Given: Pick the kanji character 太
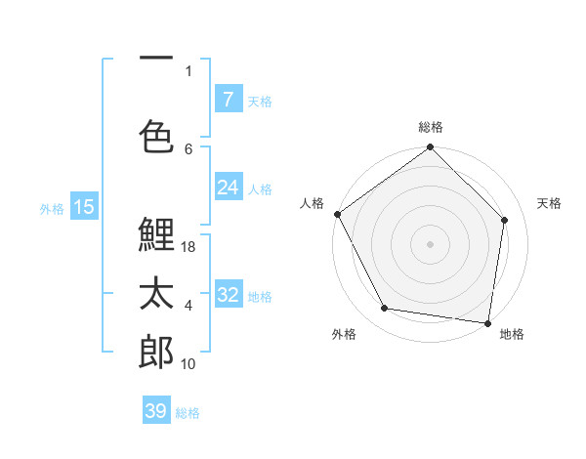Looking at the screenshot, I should (x=156, y=293).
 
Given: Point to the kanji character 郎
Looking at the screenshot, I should (x=156, y=352).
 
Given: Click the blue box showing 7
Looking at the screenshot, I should (x=228, y=99).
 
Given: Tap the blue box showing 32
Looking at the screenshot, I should (x=228, y=295).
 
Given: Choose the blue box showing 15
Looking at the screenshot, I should (x=84, y=206).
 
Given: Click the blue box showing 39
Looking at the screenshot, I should (x=156, y=411).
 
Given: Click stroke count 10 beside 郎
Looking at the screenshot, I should (x=188, y=364).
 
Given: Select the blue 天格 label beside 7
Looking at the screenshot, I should (x=260, y=101).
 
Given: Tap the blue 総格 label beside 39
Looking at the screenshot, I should (x=188, y=413).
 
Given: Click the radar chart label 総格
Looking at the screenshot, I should (x=431, y=127).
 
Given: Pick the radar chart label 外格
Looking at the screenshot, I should (x=344, y=334).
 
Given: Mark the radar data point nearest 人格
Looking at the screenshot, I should (x=338, y=214).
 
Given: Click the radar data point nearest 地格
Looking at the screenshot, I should (x=488, y=322).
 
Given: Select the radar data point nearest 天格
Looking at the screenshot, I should (x=505, y=220).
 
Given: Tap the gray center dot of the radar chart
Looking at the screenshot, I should (x=431, y=243).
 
